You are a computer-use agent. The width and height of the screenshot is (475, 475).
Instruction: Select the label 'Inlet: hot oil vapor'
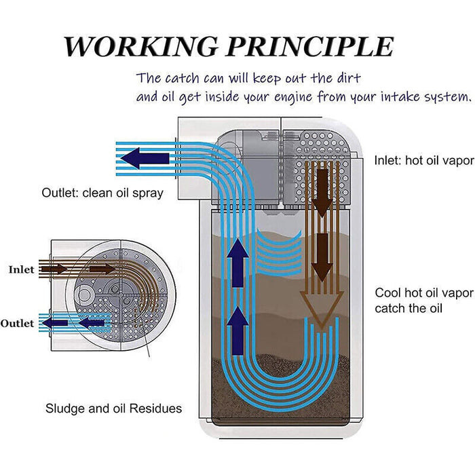point(423,161)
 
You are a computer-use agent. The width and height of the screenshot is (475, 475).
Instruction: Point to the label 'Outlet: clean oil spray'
point(102,193)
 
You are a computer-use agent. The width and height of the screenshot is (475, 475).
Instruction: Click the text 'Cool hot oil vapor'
point(423,293)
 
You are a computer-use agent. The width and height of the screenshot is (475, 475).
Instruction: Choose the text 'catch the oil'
point(408,309)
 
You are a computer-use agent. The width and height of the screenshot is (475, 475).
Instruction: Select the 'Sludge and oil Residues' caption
point(113,408)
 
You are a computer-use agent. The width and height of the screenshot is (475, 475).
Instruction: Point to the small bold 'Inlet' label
point(21,269)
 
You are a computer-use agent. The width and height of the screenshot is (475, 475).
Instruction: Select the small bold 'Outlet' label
point(17,323)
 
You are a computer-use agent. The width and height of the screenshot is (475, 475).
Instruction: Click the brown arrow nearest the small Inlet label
point(56,269)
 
